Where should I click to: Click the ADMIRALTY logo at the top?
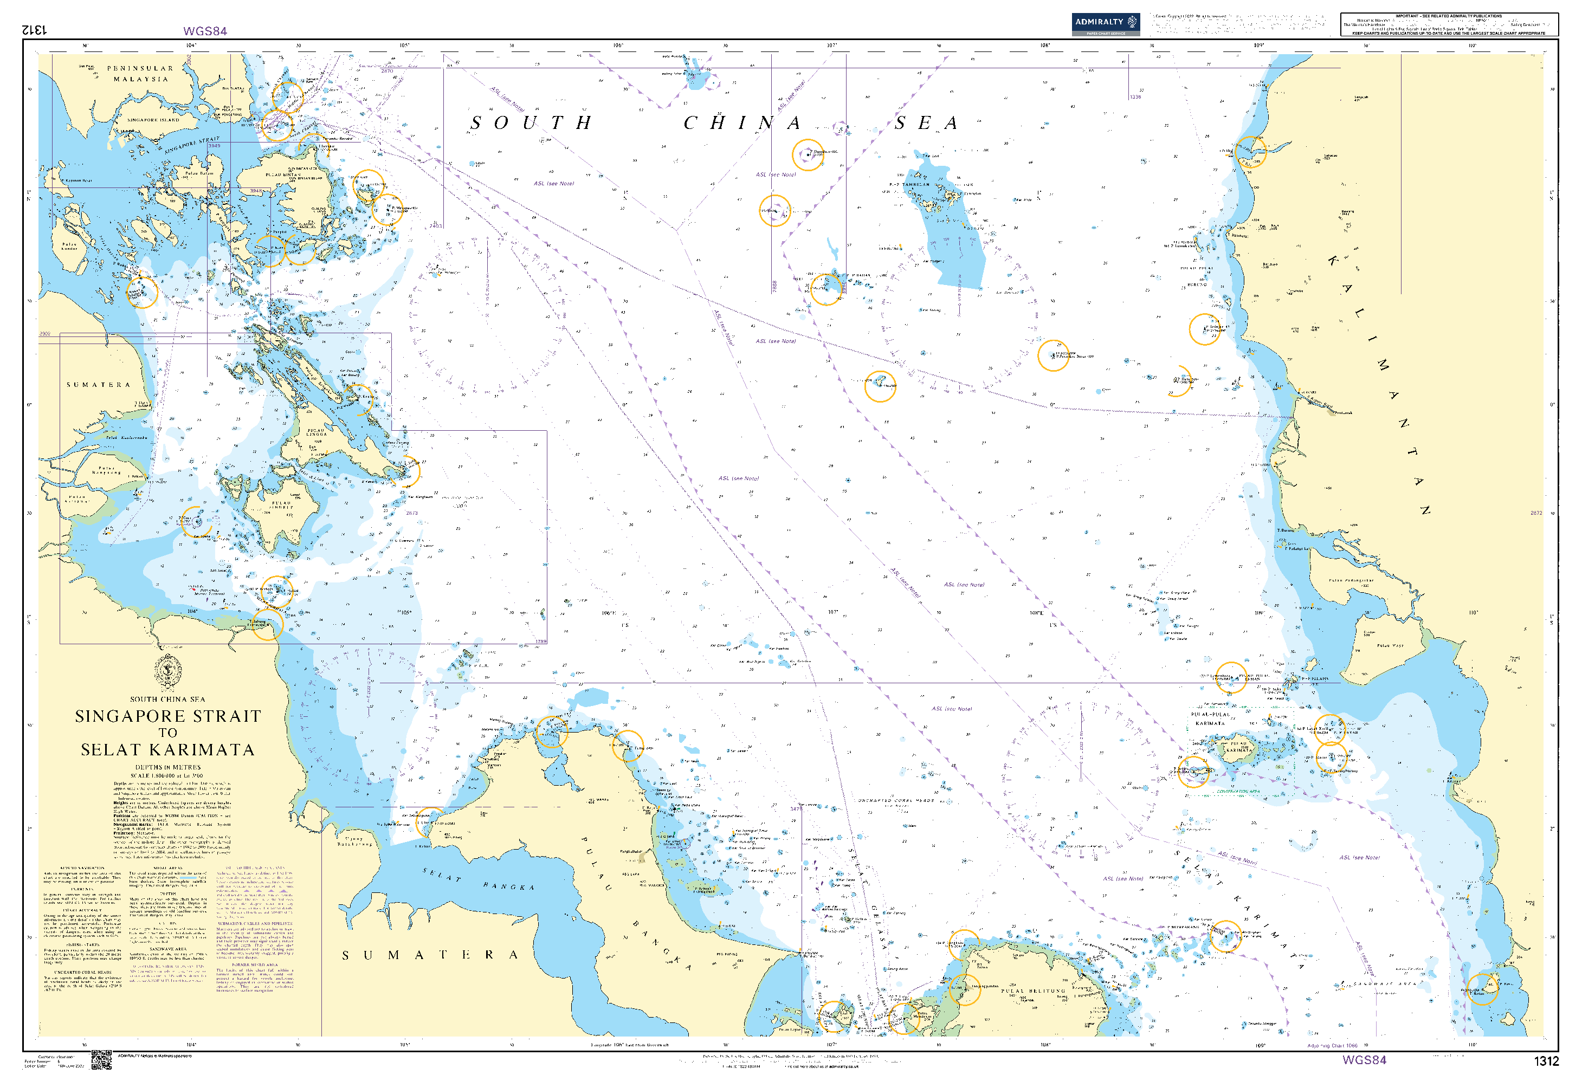[1105, 23]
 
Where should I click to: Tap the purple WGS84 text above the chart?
[205, 31]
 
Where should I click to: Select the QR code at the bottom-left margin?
[101, 1059]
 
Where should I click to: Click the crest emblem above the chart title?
[168, 672]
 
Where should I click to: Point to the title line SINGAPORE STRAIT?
[168, 716]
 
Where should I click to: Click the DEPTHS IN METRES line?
[168, 767]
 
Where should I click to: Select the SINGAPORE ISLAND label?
[153, 120]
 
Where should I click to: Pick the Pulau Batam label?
[199, 173]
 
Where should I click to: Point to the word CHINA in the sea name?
[742, 123]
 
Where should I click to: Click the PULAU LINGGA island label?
[316, 433]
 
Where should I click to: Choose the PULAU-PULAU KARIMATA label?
[1210, 718]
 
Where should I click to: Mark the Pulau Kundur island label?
[69, 247]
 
